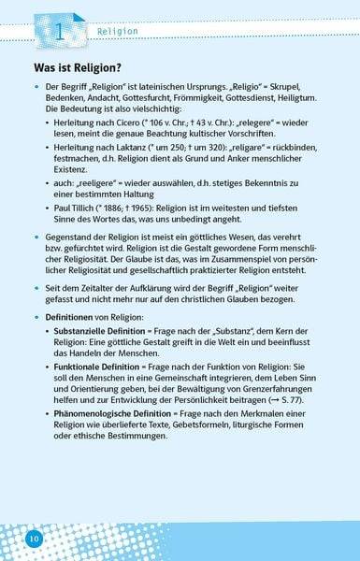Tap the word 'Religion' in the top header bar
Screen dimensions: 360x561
point(117,33)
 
